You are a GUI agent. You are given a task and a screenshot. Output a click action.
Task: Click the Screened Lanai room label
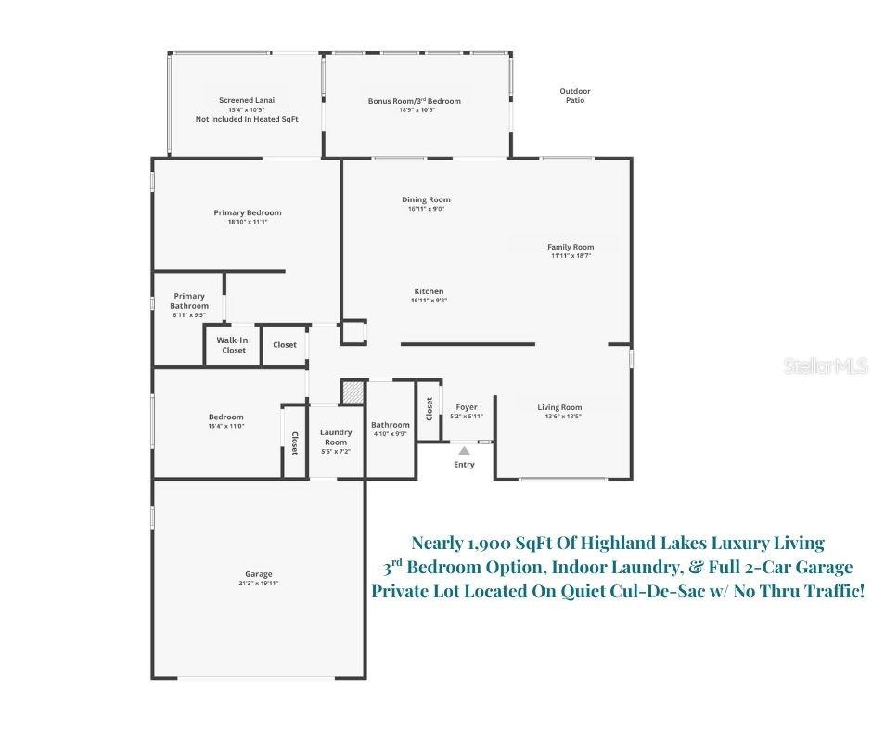pyautogui.click(x=247, y=100)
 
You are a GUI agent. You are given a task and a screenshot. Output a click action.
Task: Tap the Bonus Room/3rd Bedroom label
pyautogui.click(x=414, y=101)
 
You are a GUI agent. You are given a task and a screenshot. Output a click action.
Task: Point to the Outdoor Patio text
pyautogui.click(x=575, y=96)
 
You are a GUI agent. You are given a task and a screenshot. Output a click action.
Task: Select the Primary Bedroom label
pyautogui.click(x=247, y=213)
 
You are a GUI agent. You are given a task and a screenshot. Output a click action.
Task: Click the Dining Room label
pyautogui.click(x=426, y=199)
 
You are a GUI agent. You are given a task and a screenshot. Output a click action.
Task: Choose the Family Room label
pyautogui.click(x=571, y=247)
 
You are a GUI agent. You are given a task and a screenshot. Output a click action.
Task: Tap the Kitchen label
pyautogui.click(x=429, y=291)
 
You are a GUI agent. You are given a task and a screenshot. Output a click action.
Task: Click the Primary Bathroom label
pyautogui.click(x=189, y=301)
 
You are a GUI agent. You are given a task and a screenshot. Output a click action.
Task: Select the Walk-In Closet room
pyautogui.click(x=233, y=345)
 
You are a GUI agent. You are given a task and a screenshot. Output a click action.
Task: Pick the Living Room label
pyautogui.click(x=560, y=407)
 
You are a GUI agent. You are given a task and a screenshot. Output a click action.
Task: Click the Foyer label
pyautogui.click(x=467, y=407)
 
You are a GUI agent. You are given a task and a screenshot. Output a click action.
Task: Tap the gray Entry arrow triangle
pyautogui.click(x=464, y=451)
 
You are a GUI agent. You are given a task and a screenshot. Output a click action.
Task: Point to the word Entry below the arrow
pyautogui.click(x=464, y=465)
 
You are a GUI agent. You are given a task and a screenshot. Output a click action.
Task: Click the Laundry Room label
pyautogui.click(x=336, y=437)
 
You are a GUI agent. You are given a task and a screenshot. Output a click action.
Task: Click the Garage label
pyautogui.click(x=259, y=574)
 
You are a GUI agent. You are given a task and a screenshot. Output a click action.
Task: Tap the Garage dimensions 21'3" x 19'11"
pyautogui.click(x=259, y=584)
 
